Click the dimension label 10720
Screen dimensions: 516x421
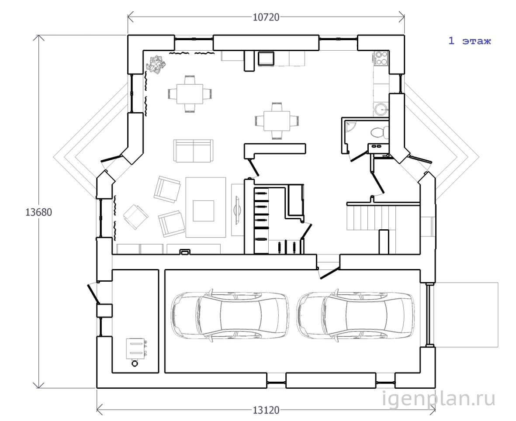tap(266, 17)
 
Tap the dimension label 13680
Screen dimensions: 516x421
tap(39, 212)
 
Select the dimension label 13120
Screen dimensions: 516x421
tap(266, 410)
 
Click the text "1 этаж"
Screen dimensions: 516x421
tap(470, 41)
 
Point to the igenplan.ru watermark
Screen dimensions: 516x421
tap(439, 399)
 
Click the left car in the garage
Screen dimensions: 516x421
tap(230, 315)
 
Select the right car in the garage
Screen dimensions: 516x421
tap(355, 315)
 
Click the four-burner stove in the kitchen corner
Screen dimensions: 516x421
tap(381, 58)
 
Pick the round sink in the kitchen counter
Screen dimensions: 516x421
tap(381, 108)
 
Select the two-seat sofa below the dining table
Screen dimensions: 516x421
tap(193, 151)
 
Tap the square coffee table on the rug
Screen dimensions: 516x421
tap(203, 211)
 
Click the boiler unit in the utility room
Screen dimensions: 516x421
tap(135, 351)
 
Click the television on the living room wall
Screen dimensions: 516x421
tap(237, 210)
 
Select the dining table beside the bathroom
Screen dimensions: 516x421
tap(277, 121)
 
